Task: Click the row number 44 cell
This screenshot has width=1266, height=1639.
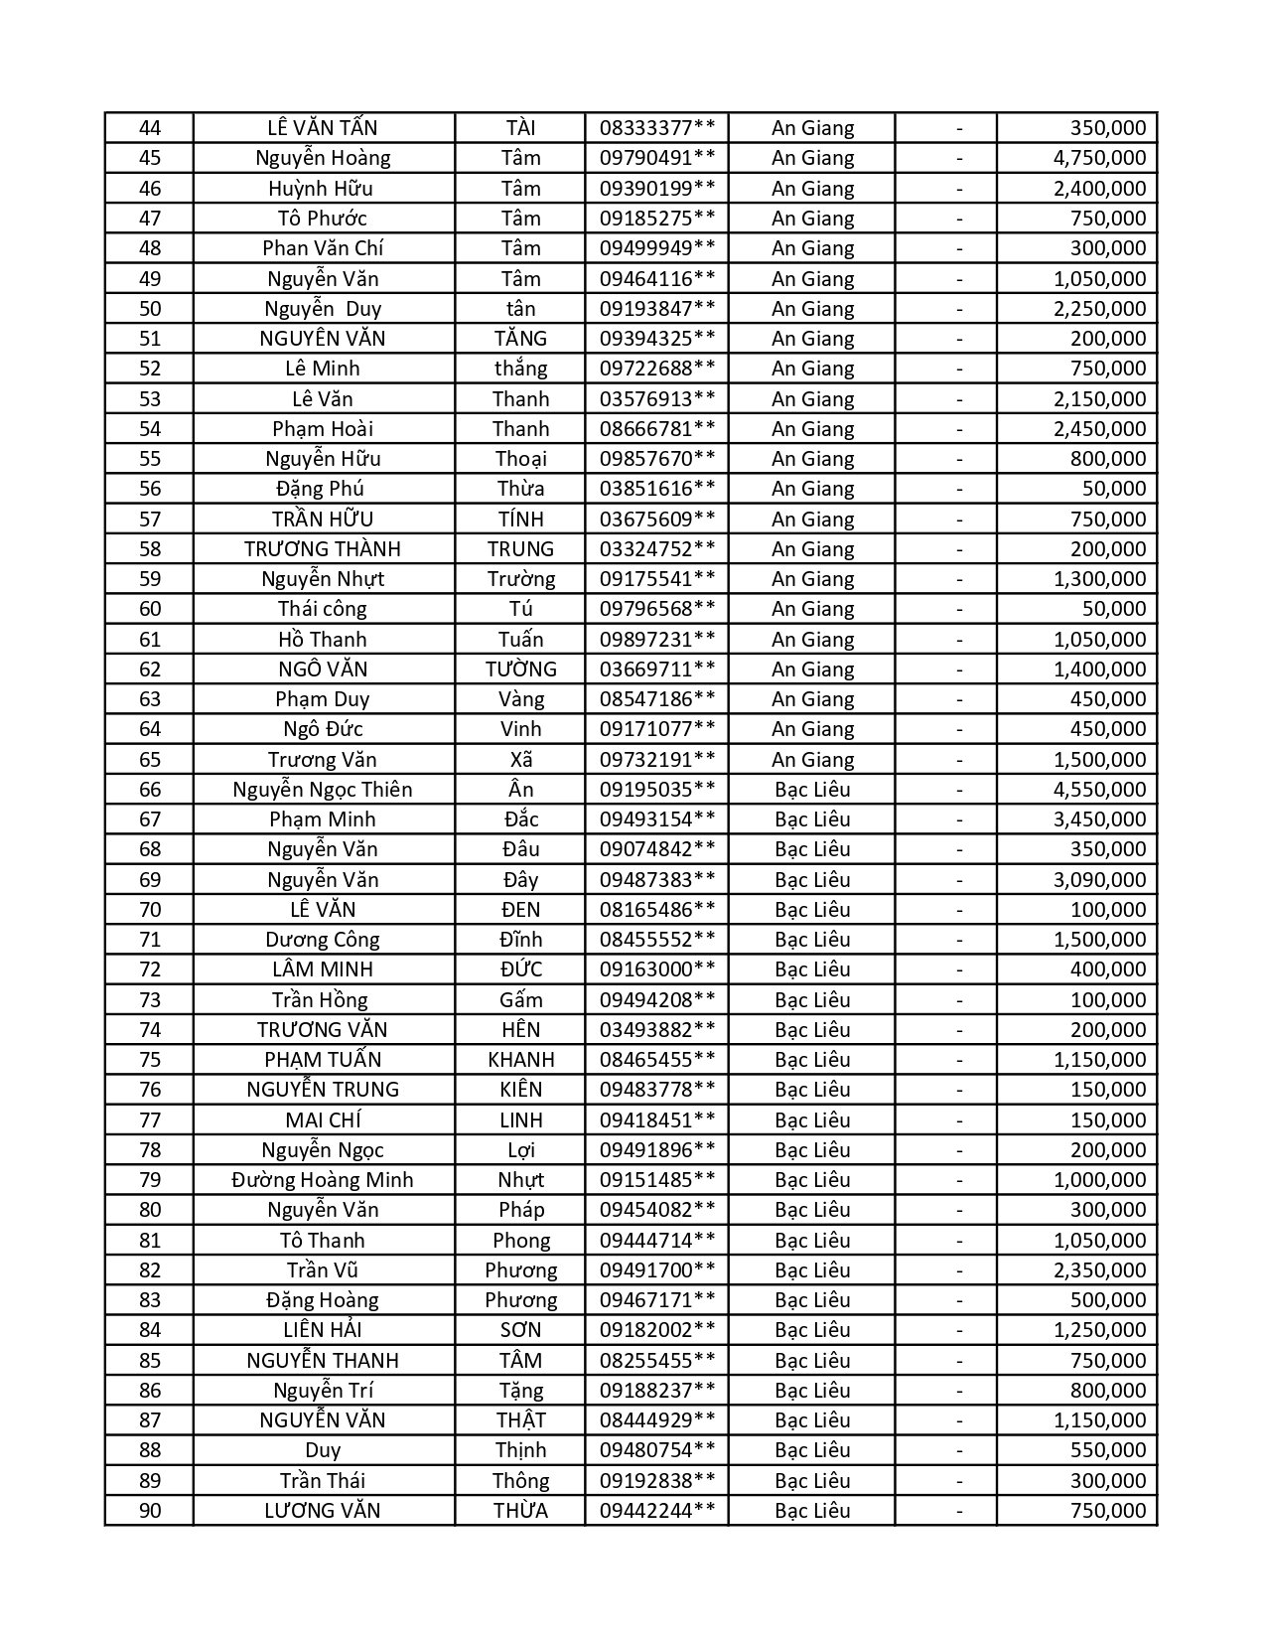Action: (150, 128)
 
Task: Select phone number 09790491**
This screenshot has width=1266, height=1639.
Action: (656, 158)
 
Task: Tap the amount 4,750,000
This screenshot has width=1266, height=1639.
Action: (1099, 158)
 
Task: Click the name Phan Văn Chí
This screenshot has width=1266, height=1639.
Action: (323, 248)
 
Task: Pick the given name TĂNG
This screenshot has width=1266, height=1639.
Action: (520, 339)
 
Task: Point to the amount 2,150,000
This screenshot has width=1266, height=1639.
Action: (1099, 399)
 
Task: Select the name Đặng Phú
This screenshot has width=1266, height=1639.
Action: (323, 489)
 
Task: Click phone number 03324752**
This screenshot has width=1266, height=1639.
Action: (656, 549)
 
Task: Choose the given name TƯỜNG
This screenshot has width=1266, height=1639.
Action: (520, 670)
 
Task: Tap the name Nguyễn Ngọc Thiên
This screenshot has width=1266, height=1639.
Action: (323, 790)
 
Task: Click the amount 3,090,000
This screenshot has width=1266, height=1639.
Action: (1099, 880)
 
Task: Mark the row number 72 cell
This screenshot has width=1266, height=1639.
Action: (150, 969)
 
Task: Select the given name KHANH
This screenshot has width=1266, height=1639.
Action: (520, 1060)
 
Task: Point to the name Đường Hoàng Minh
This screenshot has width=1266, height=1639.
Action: (323, 1180)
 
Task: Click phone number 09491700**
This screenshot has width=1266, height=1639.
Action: (656, 1270)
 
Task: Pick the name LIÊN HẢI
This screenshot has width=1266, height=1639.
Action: (323, 1330)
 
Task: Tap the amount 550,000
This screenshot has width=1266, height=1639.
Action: (1107, 1450)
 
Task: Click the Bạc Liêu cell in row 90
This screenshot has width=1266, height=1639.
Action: (812, 1511)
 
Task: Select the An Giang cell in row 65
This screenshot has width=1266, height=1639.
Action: (812, 760)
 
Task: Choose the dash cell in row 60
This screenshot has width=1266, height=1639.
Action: (959, 609)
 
